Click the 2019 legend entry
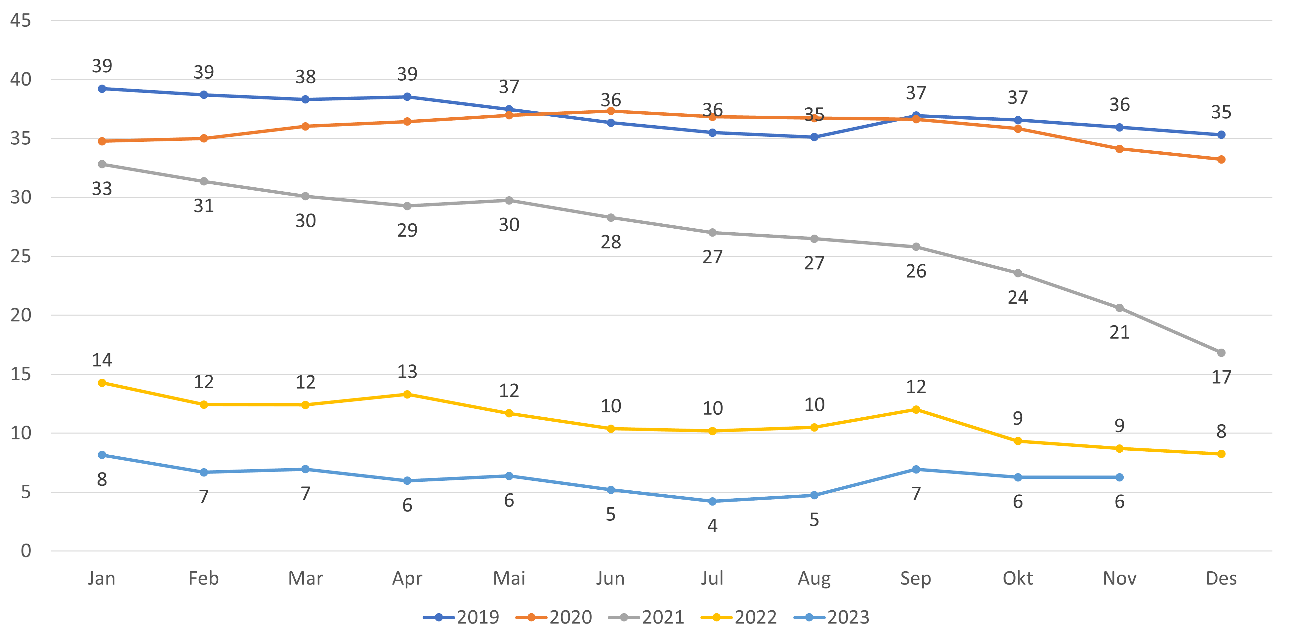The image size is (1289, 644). (x=461, y=618)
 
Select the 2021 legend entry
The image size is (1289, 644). (x=646, y=618)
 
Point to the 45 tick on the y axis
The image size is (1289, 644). (x=21, y=20)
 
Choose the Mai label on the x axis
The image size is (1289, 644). (x=509, y=579)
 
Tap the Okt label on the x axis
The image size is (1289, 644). (x=1017, y=579)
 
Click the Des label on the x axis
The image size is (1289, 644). (x=1221, y=579)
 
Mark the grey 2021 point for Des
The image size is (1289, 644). (x=1221, y=353)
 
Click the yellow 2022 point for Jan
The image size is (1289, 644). (x=102, y=383)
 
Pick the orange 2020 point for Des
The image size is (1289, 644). (x=1221, y=160)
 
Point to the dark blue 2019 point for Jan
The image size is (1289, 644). (x=102, y=89)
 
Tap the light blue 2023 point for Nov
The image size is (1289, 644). (x=1119, y=477)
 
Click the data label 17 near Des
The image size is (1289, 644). (x=1221, y=377)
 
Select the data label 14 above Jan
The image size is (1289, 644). (x=102, y=360)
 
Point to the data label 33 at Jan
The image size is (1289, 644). (x=102, y=188)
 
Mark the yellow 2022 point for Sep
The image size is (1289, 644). (x=916, y=409)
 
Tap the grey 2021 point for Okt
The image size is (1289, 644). (x=1017, y=273)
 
